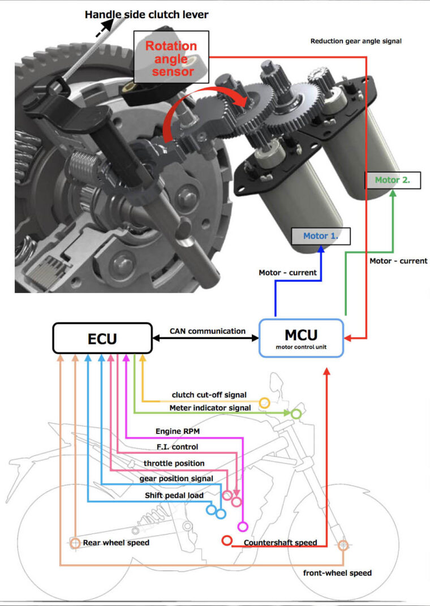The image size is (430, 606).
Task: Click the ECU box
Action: (102, 338)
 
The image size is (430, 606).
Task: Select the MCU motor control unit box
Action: (301, 338)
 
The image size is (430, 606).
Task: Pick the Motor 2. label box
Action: (392, 180)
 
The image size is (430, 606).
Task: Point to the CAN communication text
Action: (208, 331)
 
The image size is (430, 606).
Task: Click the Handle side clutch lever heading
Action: (147, 15)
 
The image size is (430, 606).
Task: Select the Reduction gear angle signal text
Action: (356, 41)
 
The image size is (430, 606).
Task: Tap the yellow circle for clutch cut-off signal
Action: (264, 403)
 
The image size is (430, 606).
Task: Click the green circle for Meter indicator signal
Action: (295, 414)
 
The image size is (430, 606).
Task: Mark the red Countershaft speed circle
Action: (227, 540)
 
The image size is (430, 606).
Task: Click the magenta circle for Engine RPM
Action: (243, 527)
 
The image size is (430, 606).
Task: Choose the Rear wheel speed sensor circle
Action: (75, 543)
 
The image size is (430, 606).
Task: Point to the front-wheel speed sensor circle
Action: (342, 545)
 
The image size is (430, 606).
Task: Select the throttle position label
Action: (174, 463)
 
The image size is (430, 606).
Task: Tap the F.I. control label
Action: (177, 447)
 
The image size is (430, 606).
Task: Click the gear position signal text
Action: (177, 479)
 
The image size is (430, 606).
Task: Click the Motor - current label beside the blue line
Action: (286, 273)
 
